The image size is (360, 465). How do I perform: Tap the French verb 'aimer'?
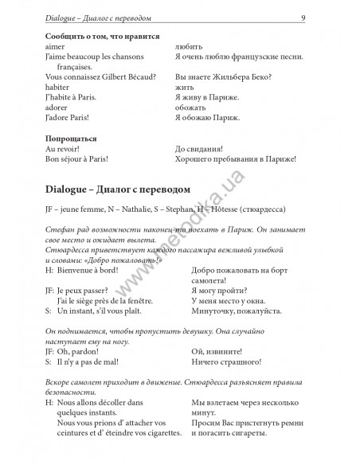pos(57,48)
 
